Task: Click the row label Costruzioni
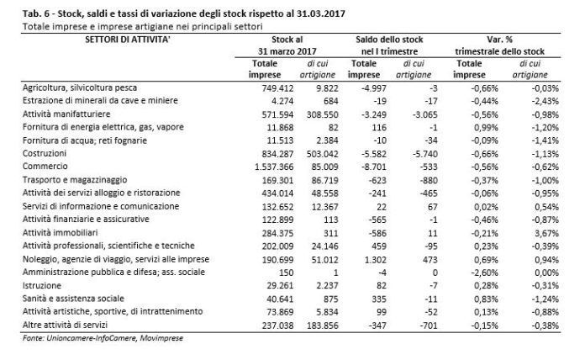tap(45, 153)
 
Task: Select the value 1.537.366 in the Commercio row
tap(274, 167)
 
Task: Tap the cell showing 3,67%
tap(546, 233)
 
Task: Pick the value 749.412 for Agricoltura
tap(277, 88)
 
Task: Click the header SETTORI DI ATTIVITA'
tap(128, 40)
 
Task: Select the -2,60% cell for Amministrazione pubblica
tap(484, 273)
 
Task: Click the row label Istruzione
tap(42, 286)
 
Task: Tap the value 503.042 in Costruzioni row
tap(323, 154)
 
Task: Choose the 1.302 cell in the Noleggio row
tap(376, 260)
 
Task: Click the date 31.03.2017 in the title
tap(321, 13)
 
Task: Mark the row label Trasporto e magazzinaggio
tap(75, 180)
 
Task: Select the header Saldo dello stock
tap(389, 40)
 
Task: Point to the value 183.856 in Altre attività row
tap(323, 326)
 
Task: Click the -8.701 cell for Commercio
tap(374, 167)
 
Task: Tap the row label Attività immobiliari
tap(60, 233)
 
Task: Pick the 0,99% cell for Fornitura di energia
tap(486, 128)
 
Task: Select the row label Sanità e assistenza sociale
tap(73, 299)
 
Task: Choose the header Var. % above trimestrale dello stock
tap(499, 40)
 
